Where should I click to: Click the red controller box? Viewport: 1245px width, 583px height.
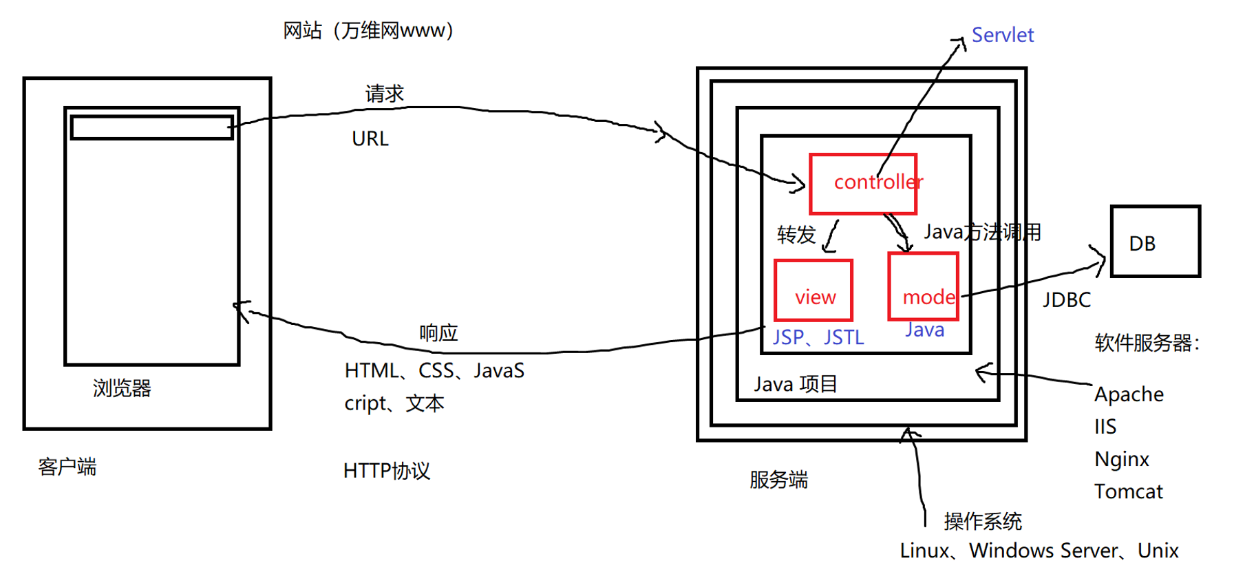863,183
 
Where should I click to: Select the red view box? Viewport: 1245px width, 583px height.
813,290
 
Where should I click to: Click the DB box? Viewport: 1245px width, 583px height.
1155,242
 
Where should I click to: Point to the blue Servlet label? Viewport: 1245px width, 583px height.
1002,35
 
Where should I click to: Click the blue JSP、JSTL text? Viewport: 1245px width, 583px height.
818,337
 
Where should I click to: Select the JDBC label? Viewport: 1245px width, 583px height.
1066,300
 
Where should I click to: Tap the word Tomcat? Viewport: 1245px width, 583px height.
1128,491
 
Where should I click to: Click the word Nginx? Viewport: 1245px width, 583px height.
1121,459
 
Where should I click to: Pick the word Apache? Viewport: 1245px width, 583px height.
1129,394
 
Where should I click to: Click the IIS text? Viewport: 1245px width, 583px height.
1105,427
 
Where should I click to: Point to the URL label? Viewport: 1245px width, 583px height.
370,139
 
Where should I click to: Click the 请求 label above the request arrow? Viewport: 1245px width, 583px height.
384,94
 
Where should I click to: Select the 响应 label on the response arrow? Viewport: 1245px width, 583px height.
438,333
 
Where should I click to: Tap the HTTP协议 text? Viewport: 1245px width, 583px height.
386,471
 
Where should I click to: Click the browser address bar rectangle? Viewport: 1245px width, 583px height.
151,128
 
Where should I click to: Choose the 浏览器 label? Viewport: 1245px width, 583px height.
122,388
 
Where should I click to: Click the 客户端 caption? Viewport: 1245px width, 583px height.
67,467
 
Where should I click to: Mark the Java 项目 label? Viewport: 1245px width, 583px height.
795,384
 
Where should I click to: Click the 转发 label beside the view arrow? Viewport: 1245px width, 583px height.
796,235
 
